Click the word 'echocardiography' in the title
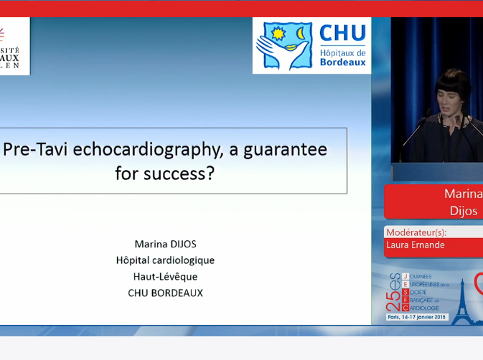coord(147,149)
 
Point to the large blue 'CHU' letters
coord(342,34)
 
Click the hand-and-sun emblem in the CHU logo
coord(286,45)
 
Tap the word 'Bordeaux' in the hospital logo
coord(342,62)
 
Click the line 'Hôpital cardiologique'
coord(164,260)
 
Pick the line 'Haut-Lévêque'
coord(164,277)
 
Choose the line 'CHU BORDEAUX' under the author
coord(164,293)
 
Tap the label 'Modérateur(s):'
coord(416,232)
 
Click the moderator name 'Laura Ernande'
coord(416,245)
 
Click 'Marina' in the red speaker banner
coord(463,194)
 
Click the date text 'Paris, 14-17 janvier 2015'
coord(416,317)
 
